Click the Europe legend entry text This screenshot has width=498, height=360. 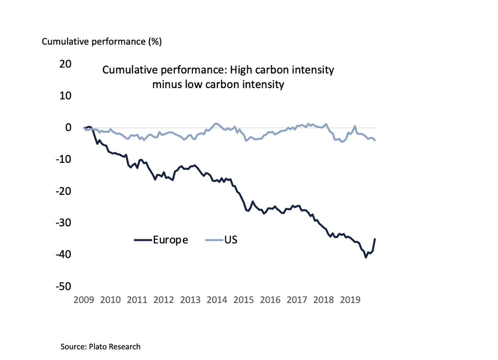coord(170,240)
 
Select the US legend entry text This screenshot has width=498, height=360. coord(230,240)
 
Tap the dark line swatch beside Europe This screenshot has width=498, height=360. coord(143,240)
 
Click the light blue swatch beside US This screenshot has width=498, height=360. coord(214,240)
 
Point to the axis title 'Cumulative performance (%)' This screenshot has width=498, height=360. coord(102,42)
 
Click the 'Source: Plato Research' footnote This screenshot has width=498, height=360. coord(101,346)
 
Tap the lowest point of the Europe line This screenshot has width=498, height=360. coord(366,257)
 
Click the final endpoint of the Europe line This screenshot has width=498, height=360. coord(375,239)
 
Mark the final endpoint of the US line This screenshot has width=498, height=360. coord(375,141)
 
